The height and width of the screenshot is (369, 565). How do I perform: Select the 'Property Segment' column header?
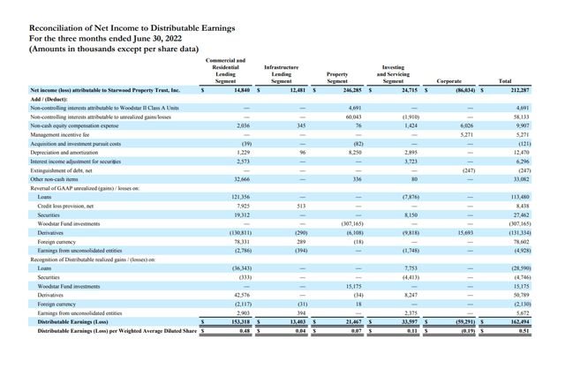(x=336, y=77)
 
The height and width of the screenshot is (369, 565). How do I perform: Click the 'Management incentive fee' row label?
(x=64, y=134)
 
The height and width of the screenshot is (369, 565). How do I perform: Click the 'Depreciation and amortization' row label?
(x=69, y=152)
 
